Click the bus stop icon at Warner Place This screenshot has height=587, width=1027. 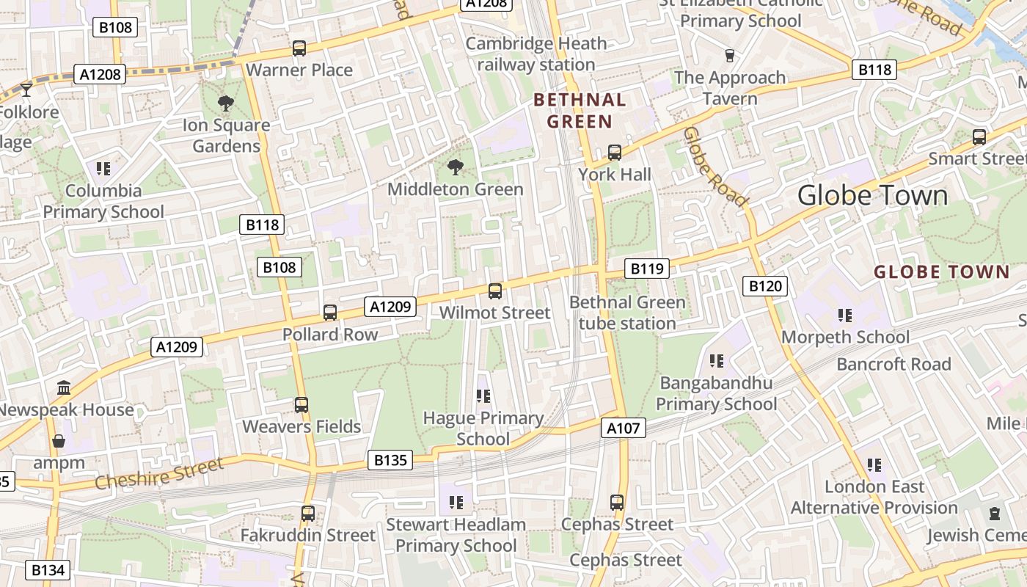[x=299, y=48]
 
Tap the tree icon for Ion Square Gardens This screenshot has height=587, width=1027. [x=225, y=103]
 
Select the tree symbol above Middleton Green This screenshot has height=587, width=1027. [x=455, y=167]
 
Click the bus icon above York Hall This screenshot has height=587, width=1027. [x=615, y=153]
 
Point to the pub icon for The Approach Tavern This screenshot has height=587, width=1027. [x=729, y=56]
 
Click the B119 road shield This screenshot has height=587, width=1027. [x=647, y=269]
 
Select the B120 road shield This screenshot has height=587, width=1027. [x=764, y=286]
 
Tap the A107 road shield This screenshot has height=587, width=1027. [x=624, y=428]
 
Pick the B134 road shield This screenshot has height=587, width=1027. [x=48, y=569]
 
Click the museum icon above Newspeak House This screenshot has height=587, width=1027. [x=64, y=387]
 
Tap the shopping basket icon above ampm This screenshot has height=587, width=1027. [x=59, y=441]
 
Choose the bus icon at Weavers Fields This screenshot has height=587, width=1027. [x=301, y=404]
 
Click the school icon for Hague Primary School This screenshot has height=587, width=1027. [x=483, y=396]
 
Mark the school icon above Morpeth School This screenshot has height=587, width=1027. [x=845, y=316]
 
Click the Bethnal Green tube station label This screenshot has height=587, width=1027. [x=627, y=313]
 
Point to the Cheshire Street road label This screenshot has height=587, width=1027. [x=159, y=473]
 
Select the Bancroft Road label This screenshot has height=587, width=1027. [x=893, y=364]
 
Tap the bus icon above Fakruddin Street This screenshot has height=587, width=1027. [x=308, y=514]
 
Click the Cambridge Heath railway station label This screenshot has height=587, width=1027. [x=536, y=54]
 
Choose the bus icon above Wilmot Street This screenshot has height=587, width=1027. [x=495, y=291]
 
